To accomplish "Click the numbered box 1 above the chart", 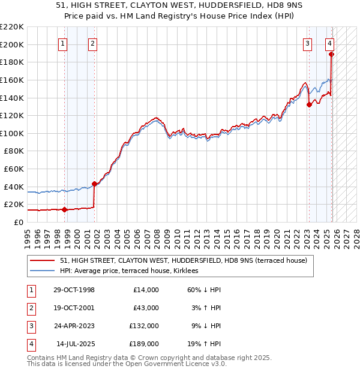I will click(63, 43).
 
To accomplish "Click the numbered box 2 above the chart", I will click(92, 43).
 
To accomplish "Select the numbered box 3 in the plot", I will click(307, 43).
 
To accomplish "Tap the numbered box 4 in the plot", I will click(330, 43).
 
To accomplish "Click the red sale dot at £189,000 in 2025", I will click(332, 54).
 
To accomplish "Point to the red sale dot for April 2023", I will click(309, 104).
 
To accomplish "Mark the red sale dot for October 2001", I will click(94, 184).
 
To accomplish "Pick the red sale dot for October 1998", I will click(65, 209).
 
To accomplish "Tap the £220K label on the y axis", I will click(12, 27).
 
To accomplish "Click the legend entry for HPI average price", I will click(132, 271).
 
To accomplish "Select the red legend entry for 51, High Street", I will click(183, 260).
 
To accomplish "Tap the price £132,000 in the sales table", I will click(144, 327).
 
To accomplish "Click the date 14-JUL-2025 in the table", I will click(75, 344).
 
